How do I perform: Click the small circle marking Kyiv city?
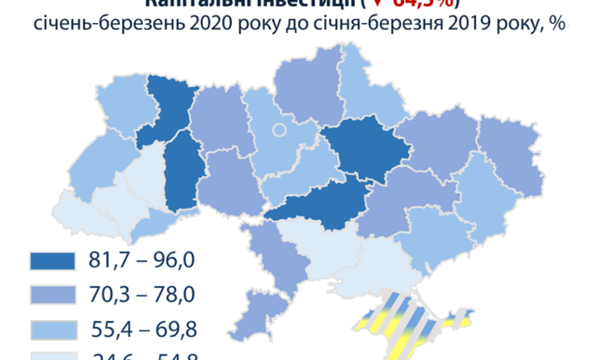tap(279, 129)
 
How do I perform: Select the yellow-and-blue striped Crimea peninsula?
tap(398, 322)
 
